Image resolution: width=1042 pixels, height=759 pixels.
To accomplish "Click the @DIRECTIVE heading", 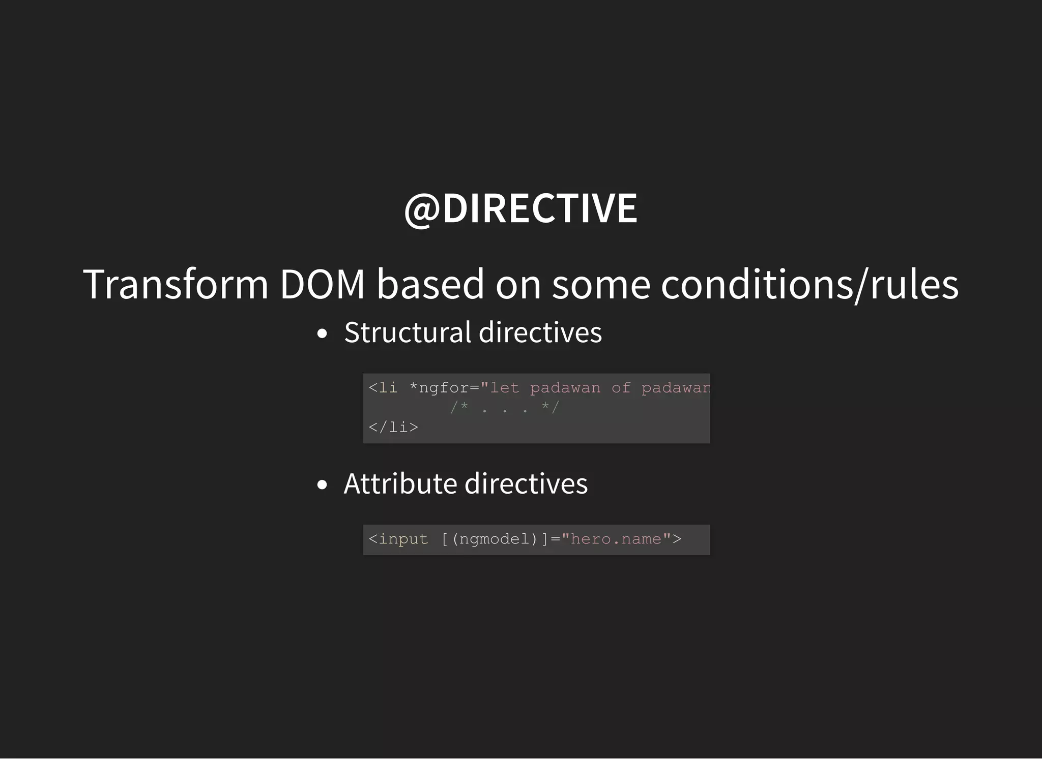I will point(520,208).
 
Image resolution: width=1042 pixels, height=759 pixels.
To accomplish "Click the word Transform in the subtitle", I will point(176,284).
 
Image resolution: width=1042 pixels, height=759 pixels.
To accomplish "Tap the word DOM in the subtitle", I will point(322,284).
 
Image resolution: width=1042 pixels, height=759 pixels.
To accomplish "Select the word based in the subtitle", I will point(430,284).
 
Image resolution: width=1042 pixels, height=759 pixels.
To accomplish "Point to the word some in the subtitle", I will point(601,284).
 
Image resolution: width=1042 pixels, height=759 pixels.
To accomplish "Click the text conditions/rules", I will point(809,284).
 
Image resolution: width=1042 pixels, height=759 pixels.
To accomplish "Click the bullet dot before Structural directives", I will point(322,334).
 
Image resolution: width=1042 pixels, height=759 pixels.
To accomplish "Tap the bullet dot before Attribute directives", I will point(322,485).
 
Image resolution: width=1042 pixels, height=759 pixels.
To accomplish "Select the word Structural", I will point(408,332).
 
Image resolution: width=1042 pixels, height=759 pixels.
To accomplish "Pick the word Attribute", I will point(400,483).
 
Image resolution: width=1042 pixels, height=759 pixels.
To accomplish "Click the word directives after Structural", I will point(540,332).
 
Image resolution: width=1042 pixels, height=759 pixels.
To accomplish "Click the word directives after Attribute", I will point(526,483).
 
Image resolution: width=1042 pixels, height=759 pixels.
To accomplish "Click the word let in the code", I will point(504,388).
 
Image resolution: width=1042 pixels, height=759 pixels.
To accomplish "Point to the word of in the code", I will point(621,388).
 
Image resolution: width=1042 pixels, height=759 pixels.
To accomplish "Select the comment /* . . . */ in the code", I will point(505,407).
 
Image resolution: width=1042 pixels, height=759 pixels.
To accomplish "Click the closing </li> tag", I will point(393,427).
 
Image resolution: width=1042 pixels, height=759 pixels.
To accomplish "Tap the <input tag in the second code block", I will point(398,539).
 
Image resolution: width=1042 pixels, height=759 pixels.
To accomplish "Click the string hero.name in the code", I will point(616,539).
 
